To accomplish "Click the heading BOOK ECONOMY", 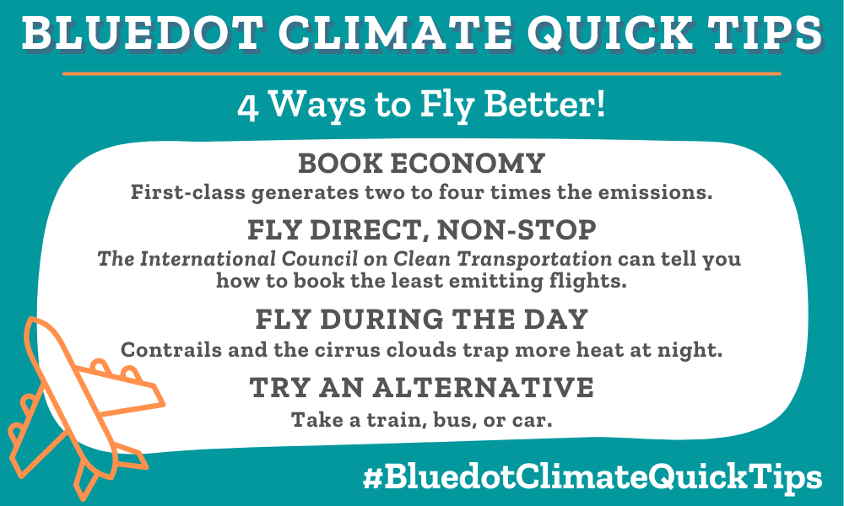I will pos(422,164).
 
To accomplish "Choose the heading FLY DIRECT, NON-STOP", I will pos(422,229).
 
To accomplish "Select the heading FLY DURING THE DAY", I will pos(422,320).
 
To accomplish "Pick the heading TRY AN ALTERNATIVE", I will pos(422,388).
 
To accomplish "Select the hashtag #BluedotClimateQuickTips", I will pos(592,477).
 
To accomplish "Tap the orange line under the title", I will pos(422,74).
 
